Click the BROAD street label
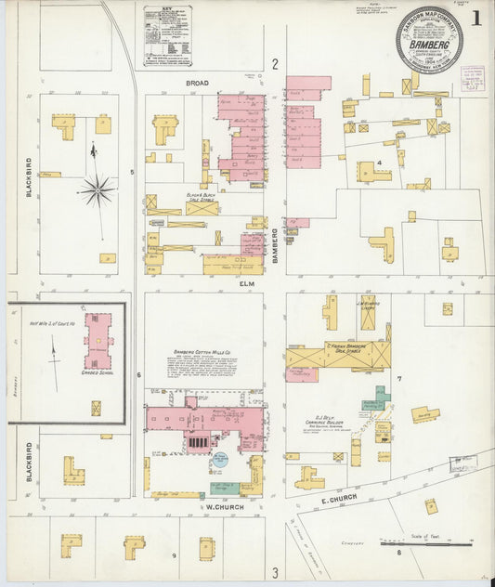tap(196, 83)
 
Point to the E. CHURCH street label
tap(335, 502)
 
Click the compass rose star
tap(96, 189)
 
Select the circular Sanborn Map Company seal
tap(429, 40)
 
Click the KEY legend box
tap(167, 36)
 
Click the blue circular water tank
tap(221, 459)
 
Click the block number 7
tap(398, 380)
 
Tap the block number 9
tap(174, 555)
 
